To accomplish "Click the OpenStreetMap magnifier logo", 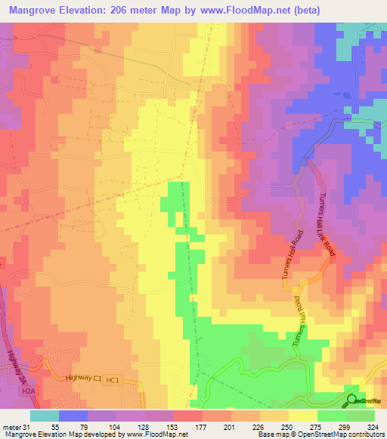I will point(352,400).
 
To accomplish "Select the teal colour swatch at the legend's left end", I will point(45,415).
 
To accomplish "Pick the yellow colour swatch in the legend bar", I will point(303,415).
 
